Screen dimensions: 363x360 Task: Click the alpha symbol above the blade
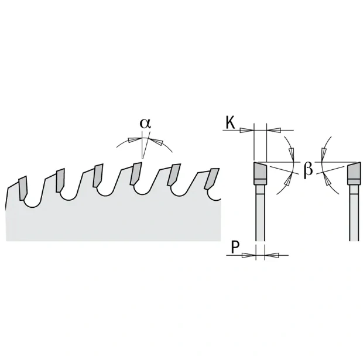[x=145, y=124]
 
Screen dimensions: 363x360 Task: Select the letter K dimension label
[x=230, y=122]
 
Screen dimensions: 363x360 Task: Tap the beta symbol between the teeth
[x=308, y=170]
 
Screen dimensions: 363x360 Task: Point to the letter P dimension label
[x=235, y=247]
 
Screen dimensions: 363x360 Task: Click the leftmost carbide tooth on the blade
[x=23, y=188]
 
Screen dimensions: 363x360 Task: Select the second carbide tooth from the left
[x=60, y=180]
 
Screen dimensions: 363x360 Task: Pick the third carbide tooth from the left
[x=98, y=176]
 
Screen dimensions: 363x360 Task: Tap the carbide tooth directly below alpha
[x=136, y=173]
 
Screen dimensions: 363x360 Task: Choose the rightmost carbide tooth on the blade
[x=212, y=179]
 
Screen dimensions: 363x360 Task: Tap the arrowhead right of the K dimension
[x=274, y=130]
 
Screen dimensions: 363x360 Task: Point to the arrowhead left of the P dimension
[x=249, y=255]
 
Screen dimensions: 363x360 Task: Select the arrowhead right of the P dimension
[x=272, y=255]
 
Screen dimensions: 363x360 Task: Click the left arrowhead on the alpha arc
[x=135, y=140]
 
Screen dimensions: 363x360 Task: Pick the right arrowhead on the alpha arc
[x=155, y=142]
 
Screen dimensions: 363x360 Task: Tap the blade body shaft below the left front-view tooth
[x=260, y=213]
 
